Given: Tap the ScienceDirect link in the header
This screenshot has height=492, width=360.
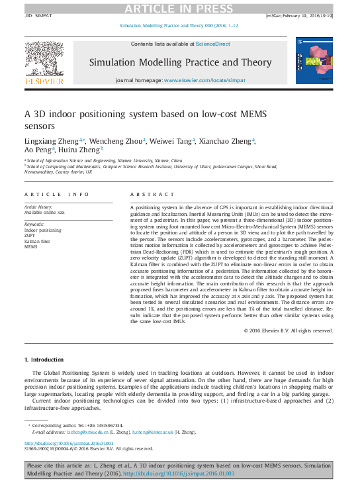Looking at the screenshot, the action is pos(212,43).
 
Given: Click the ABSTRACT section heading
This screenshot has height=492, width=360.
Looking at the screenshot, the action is pos(146,195).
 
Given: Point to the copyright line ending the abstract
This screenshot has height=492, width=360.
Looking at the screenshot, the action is pos(288,330).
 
